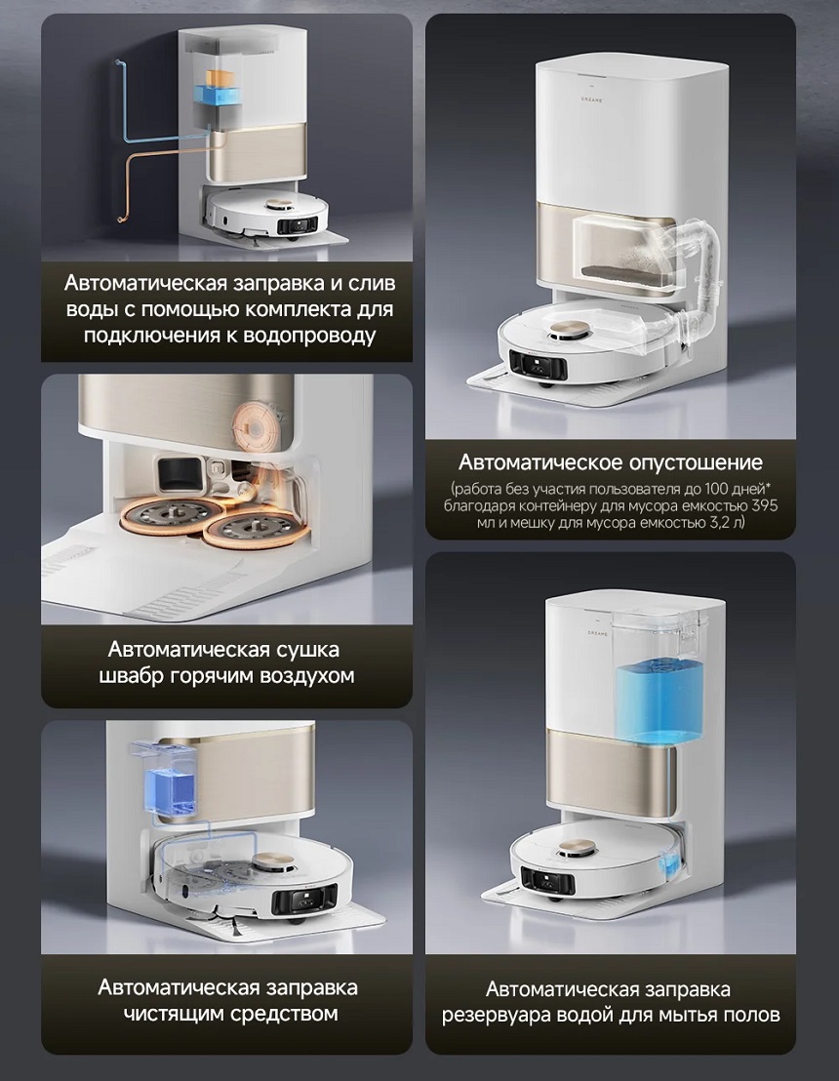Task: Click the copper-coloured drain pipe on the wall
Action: coord(160,182)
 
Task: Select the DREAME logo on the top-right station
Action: coord(591,100)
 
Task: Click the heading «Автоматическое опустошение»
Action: coord(610,461)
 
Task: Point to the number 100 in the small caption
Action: coord(721,489)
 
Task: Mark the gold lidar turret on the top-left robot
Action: coord(281,205)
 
